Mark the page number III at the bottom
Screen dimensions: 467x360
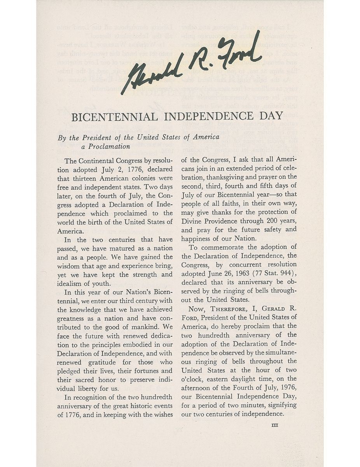tap(275, 425)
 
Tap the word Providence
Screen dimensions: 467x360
tap(223, 221)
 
